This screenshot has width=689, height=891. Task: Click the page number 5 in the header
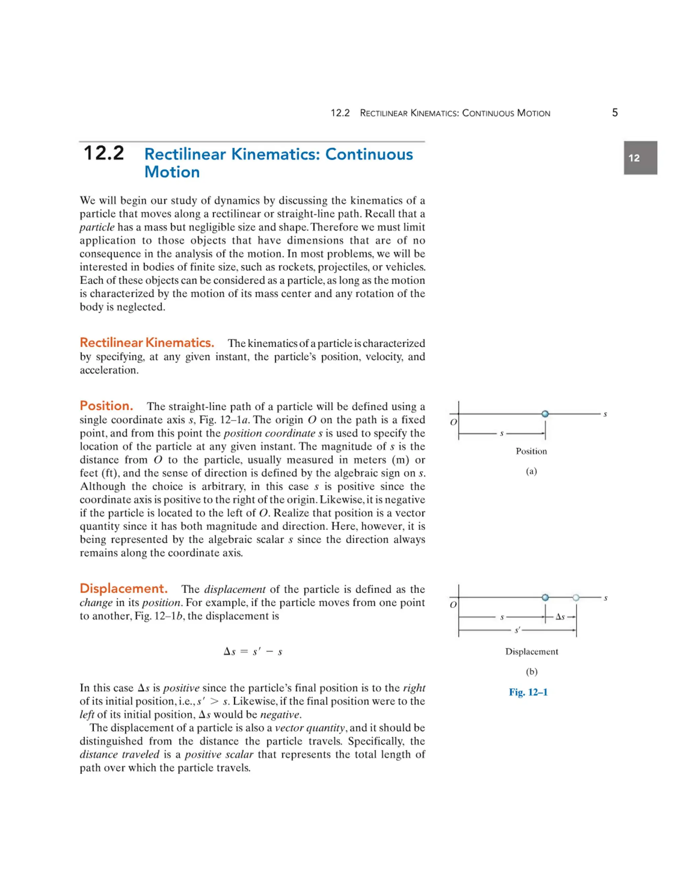coord(615,113)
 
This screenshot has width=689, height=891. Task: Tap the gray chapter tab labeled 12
coord(640,158)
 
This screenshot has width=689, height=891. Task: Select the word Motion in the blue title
coord(172,172)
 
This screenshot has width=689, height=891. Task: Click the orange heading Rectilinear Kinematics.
coord(147,342)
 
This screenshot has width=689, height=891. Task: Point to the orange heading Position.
coord(106,405)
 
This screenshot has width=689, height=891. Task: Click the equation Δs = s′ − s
coord(253,652)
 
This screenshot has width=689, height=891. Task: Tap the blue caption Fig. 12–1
coord(528,692)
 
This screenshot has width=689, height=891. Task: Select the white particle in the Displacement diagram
coord(576,598)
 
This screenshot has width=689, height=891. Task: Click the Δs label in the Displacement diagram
coord(560,617)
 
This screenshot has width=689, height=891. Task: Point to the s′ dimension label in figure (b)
coord(517,631)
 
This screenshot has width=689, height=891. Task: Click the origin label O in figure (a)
coord(453,422)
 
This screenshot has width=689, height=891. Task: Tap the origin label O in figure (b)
coord(453,605)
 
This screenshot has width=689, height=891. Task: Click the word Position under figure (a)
coord(531,451)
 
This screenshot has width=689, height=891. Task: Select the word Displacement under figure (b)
coord(532,652)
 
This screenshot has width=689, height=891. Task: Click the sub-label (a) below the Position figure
coord(531,472)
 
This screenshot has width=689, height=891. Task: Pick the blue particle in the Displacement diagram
coord(545,598)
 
